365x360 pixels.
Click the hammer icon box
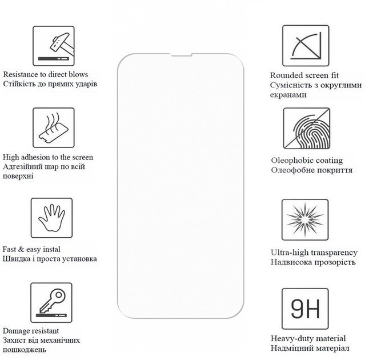(x=54, y=46)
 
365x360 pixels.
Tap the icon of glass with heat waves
(x=54, y=127)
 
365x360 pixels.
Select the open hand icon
(x=51, y=218)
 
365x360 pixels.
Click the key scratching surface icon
(x=51, y=303)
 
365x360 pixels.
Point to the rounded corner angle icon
(x=306, y=46)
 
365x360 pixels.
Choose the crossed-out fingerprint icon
(x=307, y=129)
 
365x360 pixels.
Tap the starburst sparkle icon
(x=305, y=220)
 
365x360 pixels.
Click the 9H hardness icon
(x=305, y=309)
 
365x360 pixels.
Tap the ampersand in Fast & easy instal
(x=21, y=249)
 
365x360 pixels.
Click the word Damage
(x=17, y=331)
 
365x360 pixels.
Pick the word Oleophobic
(x=292, y=161)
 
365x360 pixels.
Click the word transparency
(x=334, y=253)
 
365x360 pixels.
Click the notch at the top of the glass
(x=181, y=55)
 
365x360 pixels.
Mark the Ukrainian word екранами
(x=288, y=95)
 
